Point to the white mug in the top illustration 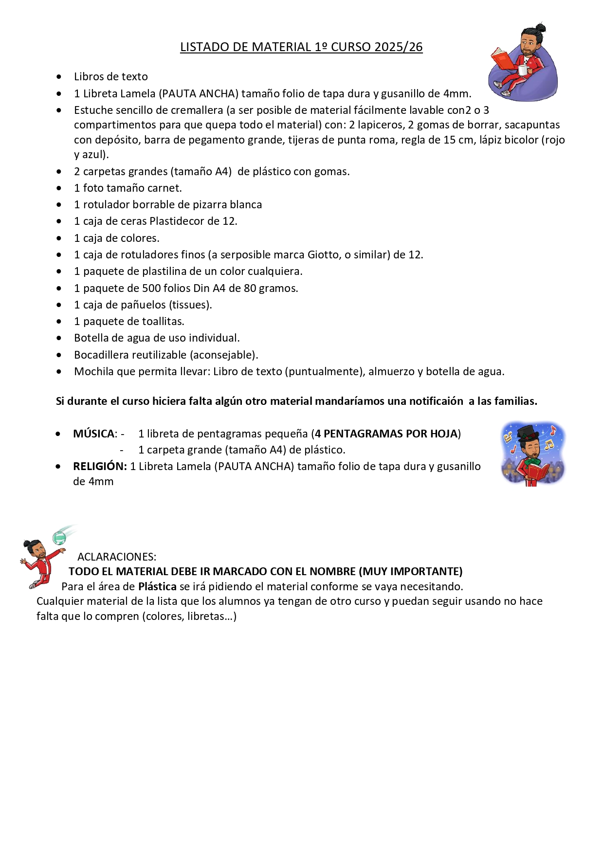click(x=523, y=70)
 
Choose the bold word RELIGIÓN click(x=100, y=467)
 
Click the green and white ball click(x=59, y=538)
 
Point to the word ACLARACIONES click(x=117, y=557)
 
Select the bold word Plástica click(x=157, y=587)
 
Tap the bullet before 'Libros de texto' click(x=59, y=77)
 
